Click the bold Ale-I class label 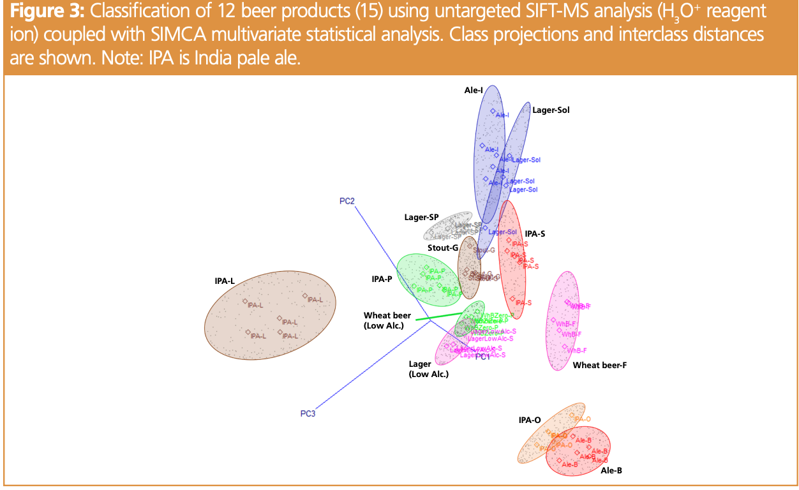(x=473, y=91)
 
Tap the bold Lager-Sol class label (x=551, y=110)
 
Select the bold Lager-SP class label (x=421, y=218)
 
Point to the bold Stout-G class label (x=443, y=248)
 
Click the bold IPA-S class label (x=535, y=234)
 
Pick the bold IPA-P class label (x=382, y=279)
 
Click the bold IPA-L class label (x=225, y=281)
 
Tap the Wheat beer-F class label (x=600, y=366)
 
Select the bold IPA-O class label (x=530, y=420)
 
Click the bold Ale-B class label (x=611, y=471)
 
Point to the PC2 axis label (x=347, y=201)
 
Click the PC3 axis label (x=308, y=413)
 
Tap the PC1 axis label (x=482, y=357)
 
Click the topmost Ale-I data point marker (x=493, y=111)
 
